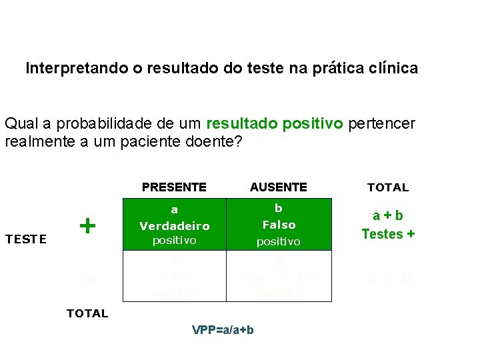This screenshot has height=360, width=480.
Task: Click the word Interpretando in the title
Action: (x=65, y=68)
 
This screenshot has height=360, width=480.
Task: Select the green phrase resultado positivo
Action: (x=275, y=123)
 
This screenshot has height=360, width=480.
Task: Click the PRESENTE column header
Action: (x=174, y=187)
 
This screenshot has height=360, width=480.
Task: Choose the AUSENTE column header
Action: (x=279, y=187)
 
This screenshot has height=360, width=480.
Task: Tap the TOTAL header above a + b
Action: (x=388, y=187)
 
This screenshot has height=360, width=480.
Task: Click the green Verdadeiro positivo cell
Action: (x=174, y=225)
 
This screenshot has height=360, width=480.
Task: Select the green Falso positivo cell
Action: (x=279, y=225)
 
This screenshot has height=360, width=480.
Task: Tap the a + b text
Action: (x=388, y=216)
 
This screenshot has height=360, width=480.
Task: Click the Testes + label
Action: (x=388, y=234)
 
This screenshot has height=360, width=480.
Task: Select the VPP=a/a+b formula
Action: (x=223, y=330)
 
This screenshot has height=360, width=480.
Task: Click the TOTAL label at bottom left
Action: (x=87, y=313)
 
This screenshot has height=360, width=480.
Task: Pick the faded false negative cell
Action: (x=174, y=276)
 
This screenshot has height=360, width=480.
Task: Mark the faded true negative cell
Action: (x=279, y=276)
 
